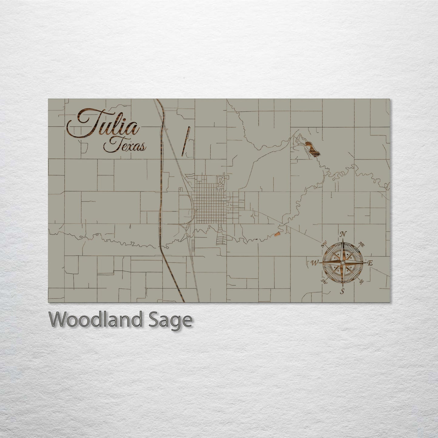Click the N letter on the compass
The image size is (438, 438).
pyautogui.click(x=343, y=234)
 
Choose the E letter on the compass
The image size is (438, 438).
pyautogui.click(x=370, y=263)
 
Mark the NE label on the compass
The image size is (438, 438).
pyautogui.click(x=361, y=243)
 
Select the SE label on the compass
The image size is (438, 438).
pyautogui.click(x=361, y=282)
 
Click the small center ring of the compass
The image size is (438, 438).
pyautogui.click(x=343, y=262)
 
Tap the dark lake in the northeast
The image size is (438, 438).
pyautogui.click(x=312, y=149)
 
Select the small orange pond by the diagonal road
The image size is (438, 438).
pyautogui.click(x=277, y=234)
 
